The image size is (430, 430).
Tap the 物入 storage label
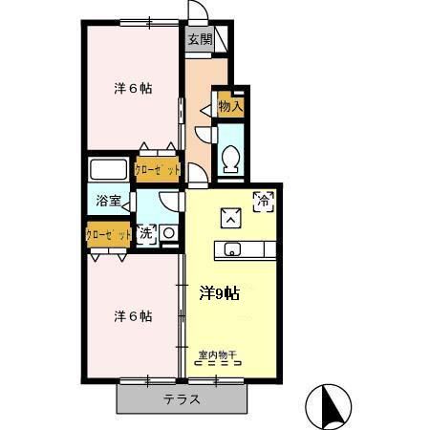click(x=230, y=107)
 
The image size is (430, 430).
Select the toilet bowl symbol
click(x=229, y=157)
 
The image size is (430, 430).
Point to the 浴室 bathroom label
click(x=107, y=201)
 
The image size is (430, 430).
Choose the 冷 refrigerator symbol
click(x=263, y=201)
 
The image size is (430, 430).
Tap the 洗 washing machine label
click(x=146, y=232)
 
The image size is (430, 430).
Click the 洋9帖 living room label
click(x=219, y=293)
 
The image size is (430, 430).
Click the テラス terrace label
click(x=182, y=399)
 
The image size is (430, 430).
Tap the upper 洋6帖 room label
click(x=134, y=89)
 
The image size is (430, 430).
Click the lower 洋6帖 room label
click(x=133, y=316)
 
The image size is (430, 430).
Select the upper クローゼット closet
click(x=157, y=169)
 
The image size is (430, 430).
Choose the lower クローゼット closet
click(x=109, y=234)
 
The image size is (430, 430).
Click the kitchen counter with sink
click(x=249, y=250)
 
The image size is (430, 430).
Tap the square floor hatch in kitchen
click(x=231, y=218)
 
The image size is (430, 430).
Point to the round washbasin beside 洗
click(x=167, y=233)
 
